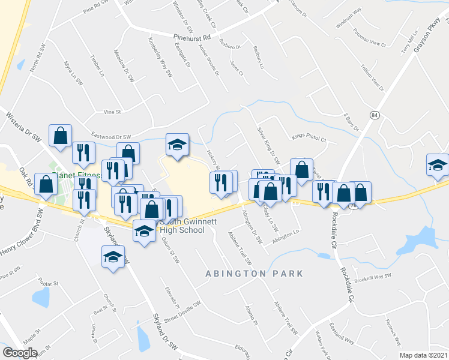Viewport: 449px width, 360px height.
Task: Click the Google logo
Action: click(20, 352)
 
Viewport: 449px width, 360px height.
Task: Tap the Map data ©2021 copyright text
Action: click(423, 355)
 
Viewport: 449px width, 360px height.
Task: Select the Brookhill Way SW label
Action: click(372, 276)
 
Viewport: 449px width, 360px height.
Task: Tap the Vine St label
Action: click(113, 112)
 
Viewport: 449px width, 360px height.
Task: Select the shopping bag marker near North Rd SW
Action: click(61, 136)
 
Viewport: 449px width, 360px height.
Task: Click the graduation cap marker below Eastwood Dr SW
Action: click(176, 145)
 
